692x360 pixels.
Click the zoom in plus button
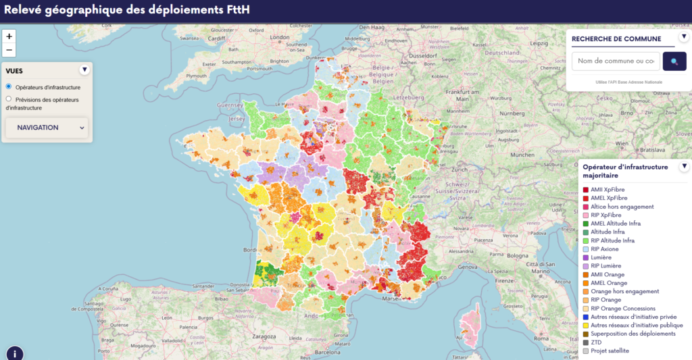coord(9,36)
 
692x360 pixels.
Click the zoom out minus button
coord(9,50)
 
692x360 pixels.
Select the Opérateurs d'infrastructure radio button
coord(9,86)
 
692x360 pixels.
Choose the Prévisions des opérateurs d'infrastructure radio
coord(9,99)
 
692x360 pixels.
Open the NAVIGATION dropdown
coord(47,128)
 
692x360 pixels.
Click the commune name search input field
coord(616,61)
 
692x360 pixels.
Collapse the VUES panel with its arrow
coord(84,70)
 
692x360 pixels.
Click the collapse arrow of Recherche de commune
coord(684,37)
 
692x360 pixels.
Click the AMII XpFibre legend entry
coord(608,189)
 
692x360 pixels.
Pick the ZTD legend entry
coord(596,342)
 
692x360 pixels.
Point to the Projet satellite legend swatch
coord(585,351)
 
